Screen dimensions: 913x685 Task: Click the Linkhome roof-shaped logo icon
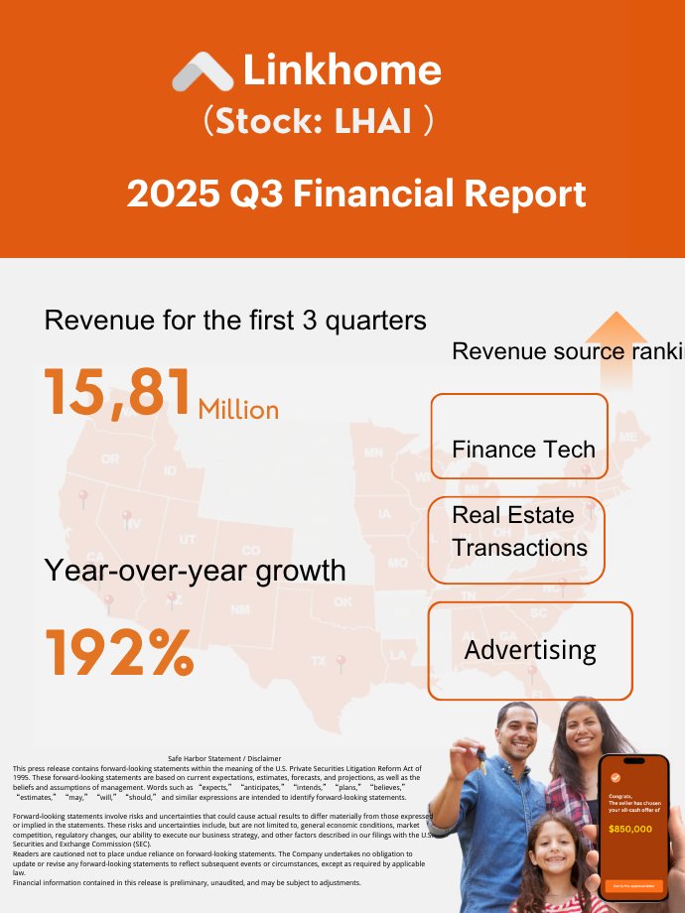pos(203,72)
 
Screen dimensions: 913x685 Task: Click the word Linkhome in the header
pos(342,70)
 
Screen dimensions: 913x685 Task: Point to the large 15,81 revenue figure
pos(117,393)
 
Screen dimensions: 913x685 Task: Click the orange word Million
pos(238,409)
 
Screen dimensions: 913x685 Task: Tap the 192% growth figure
pos(119,652)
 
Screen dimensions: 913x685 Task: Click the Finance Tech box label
pos(523,449)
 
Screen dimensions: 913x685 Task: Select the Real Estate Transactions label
pos(519,532)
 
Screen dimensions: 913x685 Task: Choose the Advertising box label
pos(530,650)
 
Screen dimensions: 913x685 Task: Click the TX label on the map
pos(319,660)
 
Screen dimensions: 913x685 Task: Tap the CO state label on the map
pos(251,550)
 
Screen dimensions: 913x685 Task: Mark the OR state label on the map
pos(109,459)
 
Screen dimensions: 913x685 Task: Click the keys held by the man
pos(480,759)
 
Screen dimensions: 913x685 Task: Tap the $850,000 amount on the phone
pos(630,828)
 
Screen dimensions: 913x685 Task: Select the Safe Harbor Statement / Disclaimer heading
pos(224,757)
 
